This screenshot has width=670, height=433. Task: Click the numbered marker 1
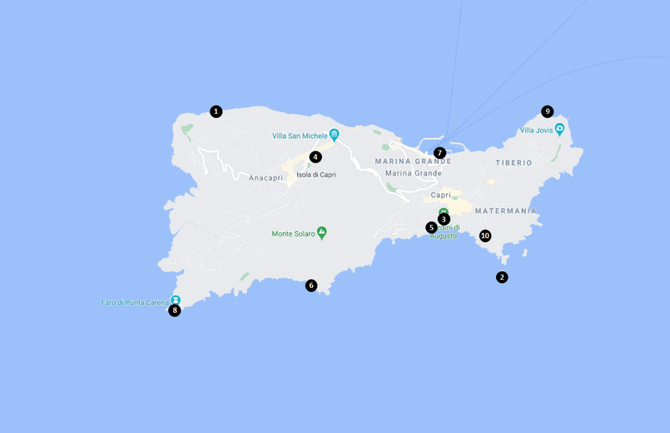coord(216,112)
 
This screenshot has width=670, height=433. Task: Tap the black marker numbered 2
coord(502,277)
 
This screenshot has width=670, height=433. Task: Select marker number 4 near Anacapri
coord(315,157)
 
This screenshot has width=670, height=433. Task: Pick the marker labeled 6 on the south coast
coord(311,285)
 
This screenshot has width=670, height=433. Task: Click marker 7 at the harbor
coord(440,153)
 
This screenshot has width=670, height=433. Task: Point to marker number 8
coord(175,311)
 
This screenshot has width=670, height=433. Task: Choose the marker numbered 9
coord(548,111)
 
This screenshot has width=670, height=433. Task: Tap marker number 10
coord(485,235)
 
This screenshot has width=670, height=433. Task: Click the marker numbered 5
coord(431,228)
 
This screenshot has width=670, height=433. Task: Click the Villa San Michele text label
coord(299,136)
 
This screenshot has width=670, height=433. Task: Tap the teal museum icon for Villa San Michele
coord(334,135)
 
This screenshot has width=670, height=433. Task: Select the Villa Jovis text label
coord(536,130)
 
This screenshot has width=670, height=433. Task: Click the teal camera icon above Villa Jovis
coord(559,128)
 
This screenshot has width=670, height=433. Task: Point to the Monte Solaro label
coord(292,234)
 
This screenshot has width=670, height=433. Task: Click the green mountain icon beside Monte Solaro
coord(321,232)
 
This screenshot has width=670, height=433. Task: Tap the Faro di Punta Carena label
coord(135,303)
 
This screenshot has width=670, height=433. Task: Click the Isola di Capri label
coord(316,175)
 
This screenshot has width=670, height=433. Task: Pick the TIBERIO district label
coord(514,163)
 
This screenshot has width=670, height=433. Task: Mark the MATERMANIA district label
coord(506,211)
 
